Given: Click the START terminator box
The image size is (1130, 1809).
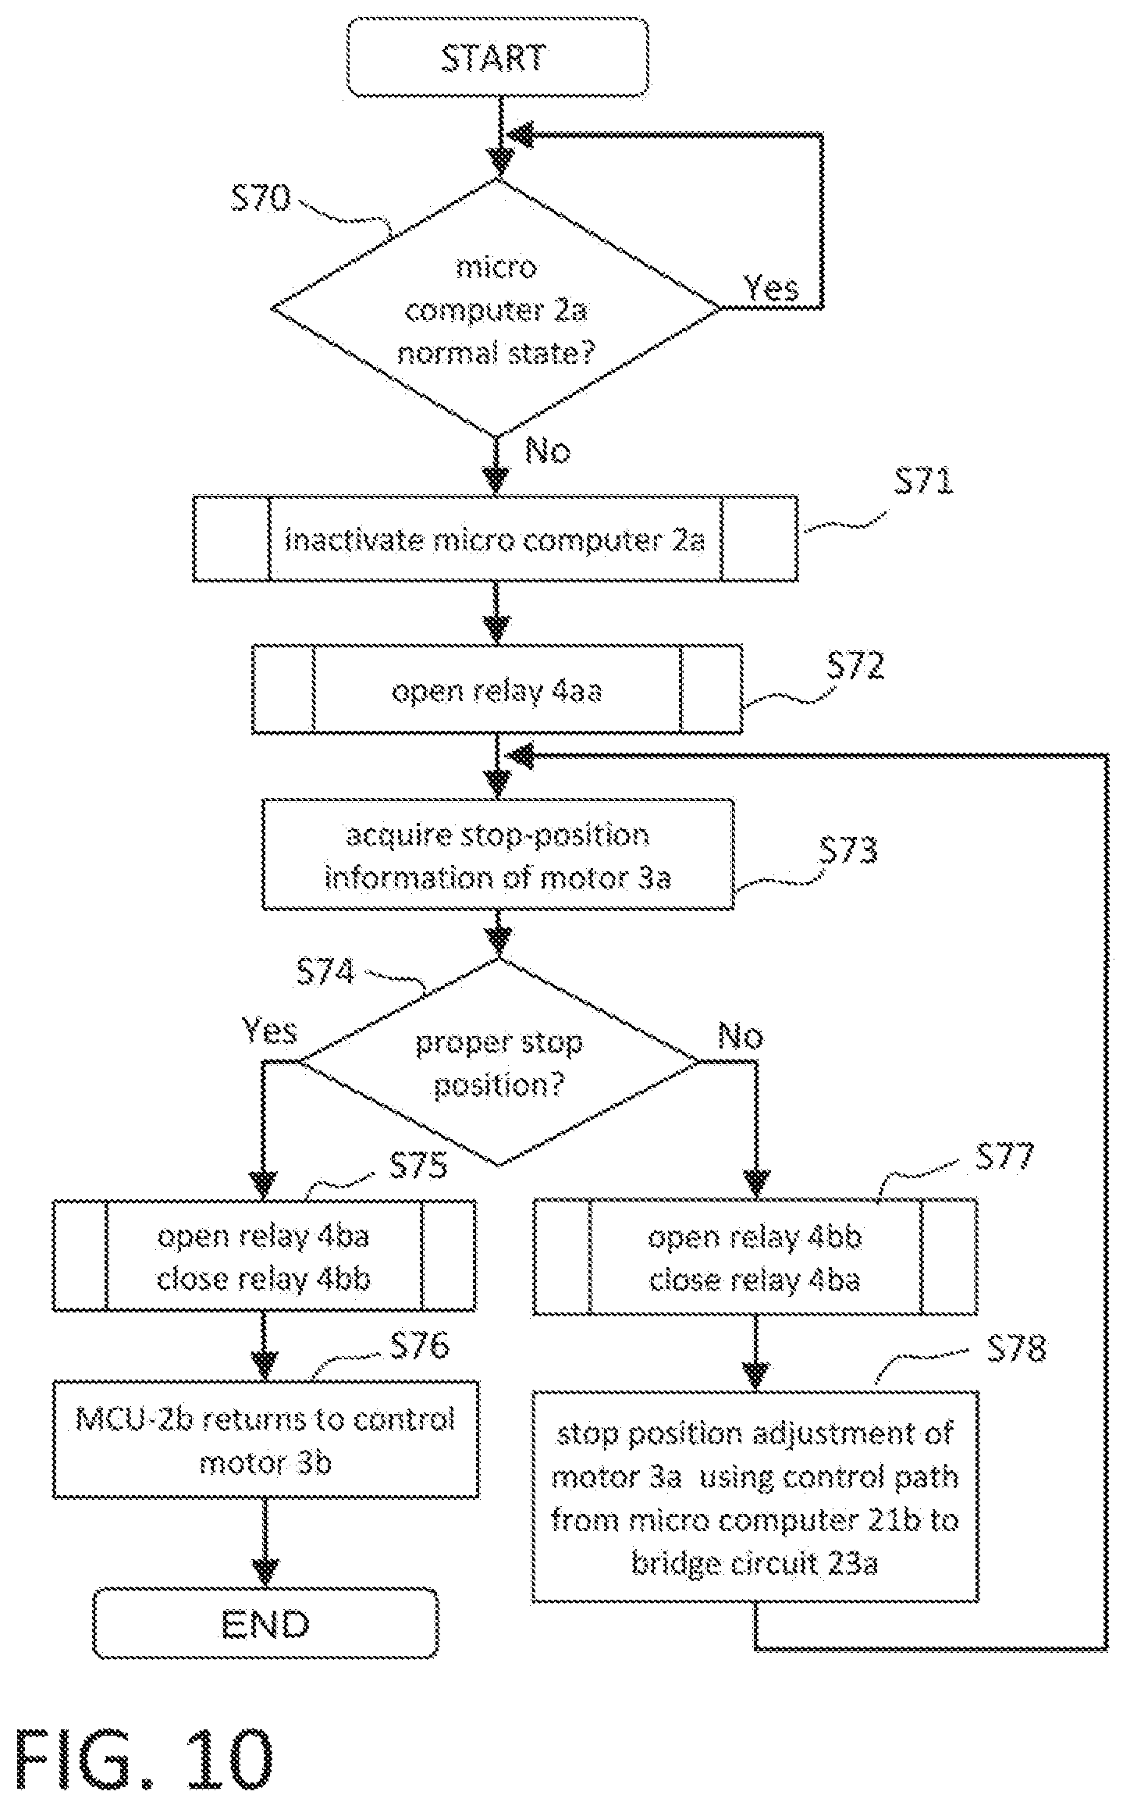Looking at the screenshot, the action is point(498,58).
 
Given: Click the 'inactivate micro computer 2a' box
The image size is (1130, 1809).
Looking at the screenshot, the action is point(496,538).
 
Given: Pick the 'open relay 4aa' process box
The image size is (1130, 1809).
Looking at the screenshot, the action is point(497,689).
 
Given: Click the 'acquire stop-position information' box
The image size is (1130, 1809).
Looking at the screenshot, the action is point(497,854).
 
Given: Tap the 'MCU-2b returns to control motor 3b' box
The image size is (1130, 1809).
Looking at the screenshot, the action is point(265,1440).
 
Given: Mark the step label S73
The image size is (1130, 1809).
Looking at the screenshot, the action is point(848,850).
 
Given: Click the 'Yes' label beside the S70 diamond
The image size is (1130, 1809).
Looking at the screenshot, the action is point(771,287).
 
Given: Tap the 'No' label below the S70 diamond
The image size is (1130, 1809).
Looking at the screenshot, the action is point(548,451).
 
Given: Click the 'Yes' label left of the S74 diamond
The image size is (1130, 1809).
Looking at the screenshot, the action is point(269,1031).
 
